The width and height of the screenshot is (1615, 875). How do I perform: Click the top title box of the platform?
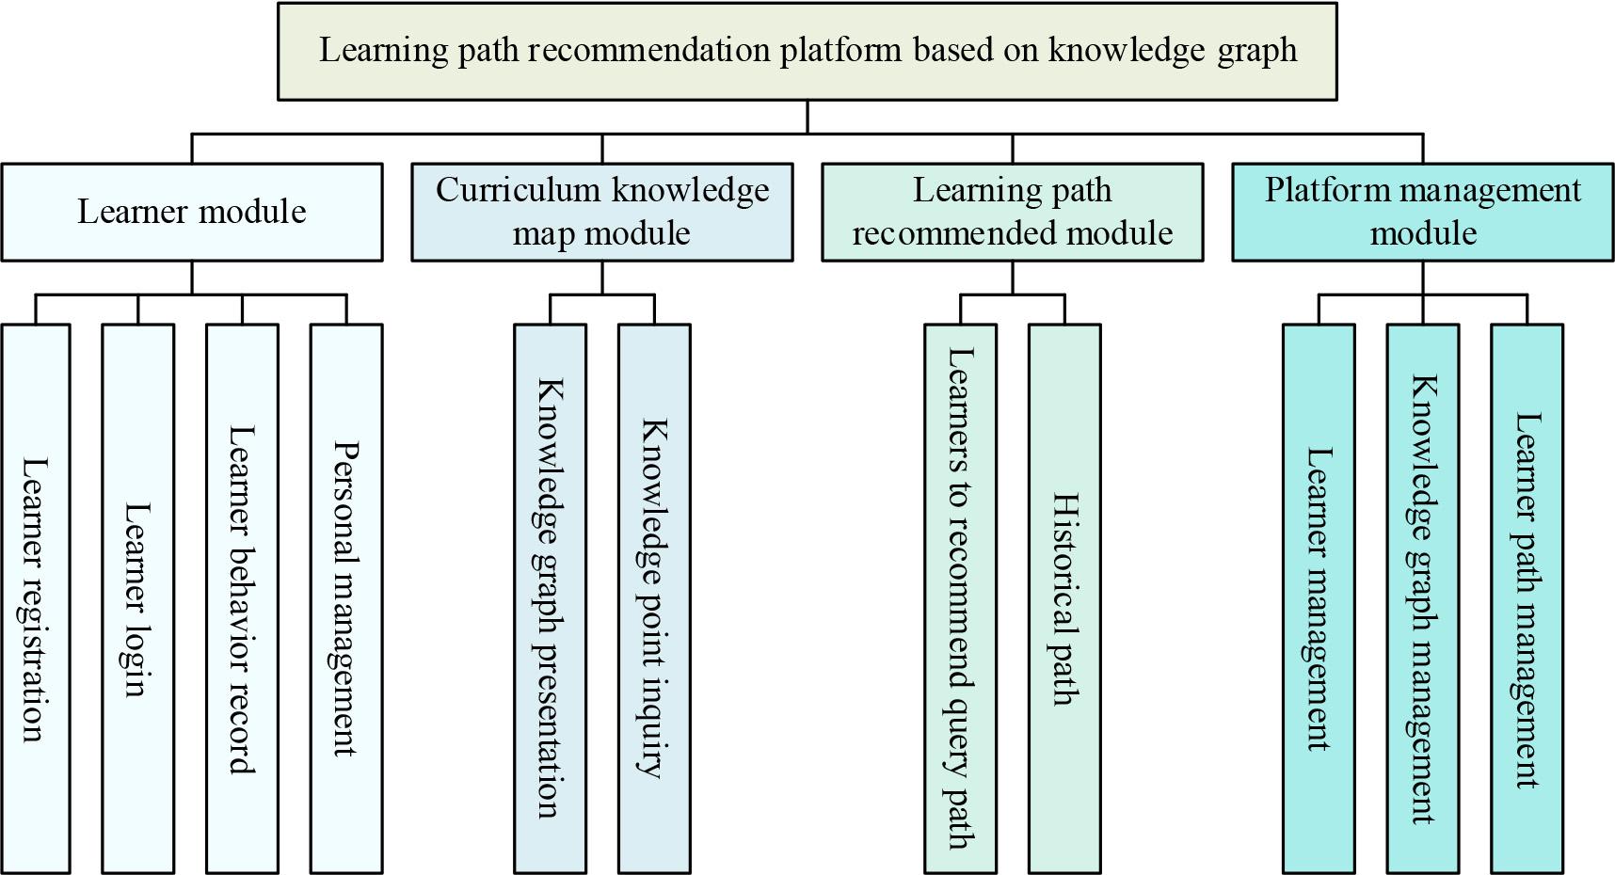[x=807, y=51]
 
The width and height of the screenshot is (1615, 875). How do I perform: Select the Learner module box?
[x=192, y=212]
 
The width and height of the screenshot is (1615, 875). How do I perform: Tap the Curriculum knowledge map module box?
[x=602, y=212]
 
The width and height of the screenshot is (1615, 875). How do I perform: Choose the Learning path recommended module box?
[x=1012, y=212]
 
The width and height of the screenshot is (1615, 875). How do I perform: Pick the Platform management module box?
[x=1422, y=212]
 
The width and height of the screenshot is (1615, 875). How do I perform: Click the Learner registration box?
[x=36, y=598]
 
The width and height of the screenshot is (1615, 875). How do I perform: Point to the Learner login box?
[x=138, y=598]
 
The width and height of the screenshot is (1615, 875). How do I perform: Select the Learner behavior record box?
[x=242, y=598]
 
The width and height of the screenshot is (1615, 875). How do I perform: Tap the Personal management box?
[x=346, y=598]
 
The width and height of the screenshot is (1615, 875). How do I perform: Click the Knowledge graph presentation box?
[x=550, y=598]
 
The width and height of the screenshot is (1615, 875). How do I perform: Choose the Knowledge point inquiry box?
[x=654, y=598]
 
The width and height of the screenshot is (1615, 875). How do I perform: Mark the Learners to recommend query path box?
[x=960, y=598]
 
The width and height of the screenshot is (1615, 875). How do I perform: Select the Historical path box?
[x=1064, y=598]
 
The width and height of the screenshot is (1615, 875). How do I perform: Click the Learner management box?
[x=1319, y=598]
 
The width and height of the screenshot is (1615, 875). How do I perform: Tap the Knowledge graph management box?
[x=1423, y=598]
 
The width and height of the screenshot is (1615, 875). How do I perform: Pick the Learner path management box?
[x=1527, y=598]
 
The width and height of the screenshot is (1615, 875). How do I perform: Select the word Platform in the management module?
[x=1318, y=190]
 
